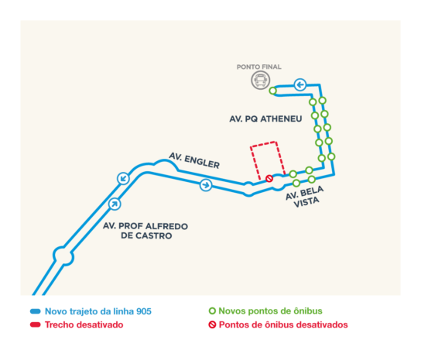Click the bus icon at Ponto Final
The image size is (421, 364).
coord(260,80)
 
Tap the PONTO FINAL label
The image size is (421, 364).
coord(258,67)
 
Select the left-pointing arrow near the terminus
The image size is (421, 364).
coord(300,85)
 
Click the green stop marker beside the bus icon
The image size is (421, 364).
coord(272,91)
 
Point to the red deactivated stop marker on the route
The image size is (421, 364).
coord(269,178)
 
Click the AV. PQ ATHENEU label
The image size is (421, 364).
coord(265,118)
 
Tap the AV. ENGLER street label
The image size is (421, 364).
coord(194,160)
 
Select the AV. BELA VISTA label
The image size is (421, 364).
coord(305,197)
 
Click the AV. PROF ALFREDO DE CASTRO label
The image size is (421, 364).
coord(145,231)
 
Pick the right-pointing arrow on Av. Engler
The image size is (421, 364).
coord(206,185)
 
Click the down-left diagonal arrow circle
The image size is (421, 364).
coord(123,178)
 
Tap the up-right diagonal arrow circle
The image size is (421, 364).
coord(115,204)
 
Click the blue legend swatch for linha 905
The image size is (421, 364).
coord(36,311)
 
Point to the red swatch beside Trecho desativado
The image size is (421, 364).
coord(36,325)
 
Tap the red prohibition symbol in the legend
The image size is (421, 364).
coord(212,325)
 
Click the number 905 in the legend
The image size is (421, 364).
coord(144,311)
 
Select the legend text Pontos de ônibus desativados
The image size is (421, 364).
coord(283,325)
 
